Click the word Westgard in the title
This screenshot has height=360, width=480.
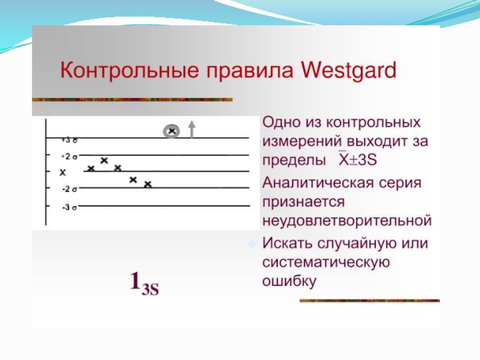point(349,71)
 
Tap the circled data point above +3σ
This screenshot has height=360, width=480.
point(172,131)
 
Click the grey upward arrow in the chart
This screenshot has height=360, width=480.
point(191,128)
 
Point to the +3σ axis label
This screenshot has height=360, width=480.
point(69,140)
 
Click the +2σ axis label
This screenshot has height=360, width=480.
point(69,157)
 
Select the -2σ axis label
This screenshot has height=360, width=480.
point(70,189)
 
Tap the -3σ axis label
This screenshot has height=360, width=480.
point(70,208)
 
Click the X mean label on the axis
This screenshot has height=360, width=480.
point(63,173)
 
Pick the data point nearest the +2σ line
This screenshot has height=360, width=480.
point(104,160)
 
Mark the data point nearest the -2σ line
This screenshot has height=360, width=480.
point(148,184)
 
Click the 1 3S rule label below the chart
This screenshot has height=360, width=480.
point(145,283)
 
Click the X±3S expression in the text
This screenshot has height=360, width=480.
point(358,160)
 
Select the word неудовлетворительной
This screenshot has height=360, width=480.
point(347,220)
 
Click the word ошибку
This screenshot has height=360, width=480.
point(289,281)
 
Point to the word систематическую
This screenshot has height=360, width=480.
point(326,263)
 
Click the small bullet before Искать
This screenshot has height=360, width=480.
point(251,244)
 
